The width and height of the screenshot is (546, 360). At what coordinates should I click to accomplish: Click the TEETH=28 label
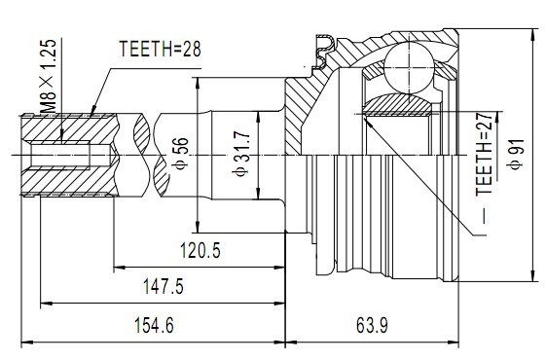coord(161,49)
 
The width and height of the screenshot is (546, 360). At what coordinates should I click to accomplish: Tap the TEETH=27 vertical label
coord(486,154)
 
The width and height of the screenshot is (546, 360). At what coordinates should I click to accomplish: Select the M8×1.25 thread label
coord(48,76)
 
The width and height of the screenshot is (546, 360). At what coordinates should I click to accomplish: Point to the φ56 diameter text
coord(181,154)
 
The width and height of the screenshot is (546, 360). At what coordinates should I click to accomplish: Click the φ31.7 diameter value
coord(241,154)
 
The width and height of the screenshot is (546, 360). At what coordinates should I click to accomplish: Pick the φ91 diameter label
coord(517,154)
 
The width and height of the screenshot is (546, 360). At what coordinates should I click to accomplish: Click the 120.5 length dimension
coord(200,250)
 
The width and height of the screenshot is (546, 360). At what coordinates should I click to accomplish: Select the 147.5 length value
coord(164,286)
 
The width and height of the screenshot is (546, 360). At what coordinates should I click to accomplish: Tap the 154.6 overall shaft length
coord(154,326)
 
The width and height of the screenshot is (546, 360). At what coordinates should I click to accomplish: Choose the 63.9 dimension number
coord(372,326)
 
